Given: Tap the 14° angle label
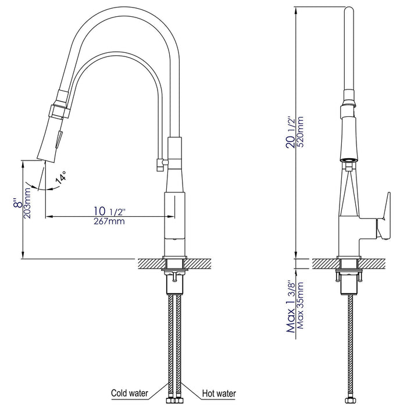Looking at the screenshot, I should [60, 178].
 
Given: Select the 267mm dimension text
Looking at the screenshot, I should [108, 222].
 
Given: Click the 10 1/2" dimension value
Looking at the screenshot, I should [108, 210].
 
